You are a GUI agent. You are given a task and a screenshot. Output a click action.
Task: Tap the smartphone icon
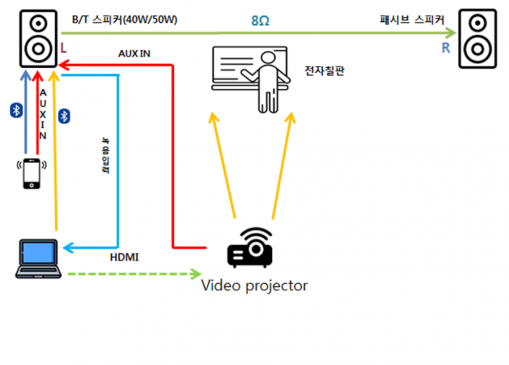pos(33,173)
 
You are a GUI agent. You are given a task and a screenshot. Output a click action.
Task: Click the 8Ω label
pos(260,20)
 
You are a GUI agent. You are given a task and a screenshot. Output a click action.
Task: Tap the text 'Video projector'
pos(254,286)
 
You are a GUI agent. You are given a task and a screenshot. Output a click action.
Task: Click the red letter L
pos(65,47)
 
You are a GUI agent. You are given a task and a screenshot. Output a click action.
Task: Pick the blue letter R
pos(446,48)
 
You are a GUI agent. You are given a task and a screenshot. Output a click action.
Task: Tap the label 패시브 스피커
pos(412,19)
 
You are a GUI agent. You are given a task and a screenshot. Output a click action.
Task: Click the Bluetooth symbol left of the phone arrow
pos(17,110)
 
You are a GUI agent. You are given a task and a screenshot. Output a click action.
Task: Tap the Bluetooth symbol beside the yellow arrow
pos(63,115)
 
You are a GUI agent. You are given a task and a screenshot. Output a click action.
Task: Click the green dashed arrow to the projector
pos(133,273)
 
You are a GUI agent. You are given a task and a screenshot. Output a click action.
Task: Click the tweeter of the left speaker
pos(38,25)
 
